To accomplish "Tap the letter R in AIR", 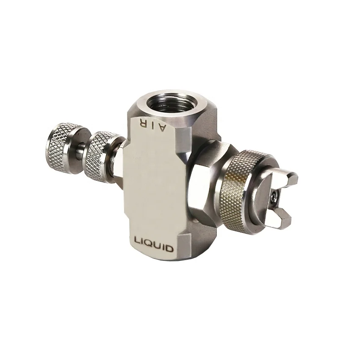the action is click(x=141, y=124).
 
